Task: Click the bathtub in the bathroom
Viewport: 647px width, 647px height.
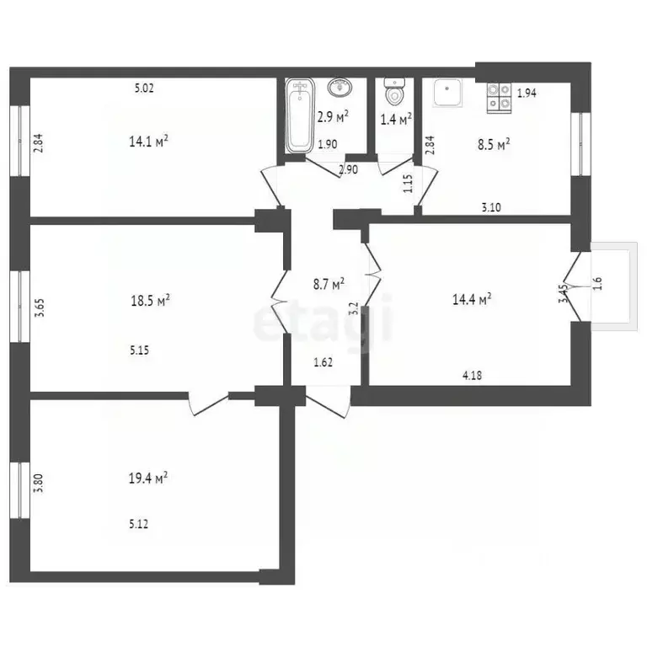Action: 299,116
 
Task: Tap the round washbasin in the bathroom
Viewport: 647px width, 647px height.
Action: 342,88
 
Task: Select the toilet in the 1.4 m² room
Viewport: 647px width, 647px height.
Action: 393,91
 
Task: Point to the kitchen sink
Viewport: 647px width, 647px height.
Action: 446,94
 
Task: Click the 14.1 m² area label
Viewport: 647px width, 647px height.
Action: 148,142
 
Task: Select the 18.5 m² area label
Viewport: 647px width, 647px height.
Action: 152,300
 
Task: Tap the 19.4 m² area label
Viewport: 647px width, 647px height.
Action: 148,478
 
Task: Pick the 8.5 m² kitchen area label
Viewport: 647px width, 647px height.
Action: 493,146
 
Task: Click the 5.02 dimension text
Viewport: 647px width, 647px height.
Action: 147,86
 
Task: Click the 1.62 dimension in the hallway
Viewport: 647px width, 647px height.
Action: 324,363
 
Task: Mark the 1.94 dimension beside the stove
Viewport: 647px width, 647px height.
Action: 527,94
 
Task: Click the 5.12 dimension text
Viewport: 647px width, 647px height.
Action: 140,524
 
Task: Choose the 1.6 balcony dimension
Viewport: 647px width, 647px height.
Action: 599,283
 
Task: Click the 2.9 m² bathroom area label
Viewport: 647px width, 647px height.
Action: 334,118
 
